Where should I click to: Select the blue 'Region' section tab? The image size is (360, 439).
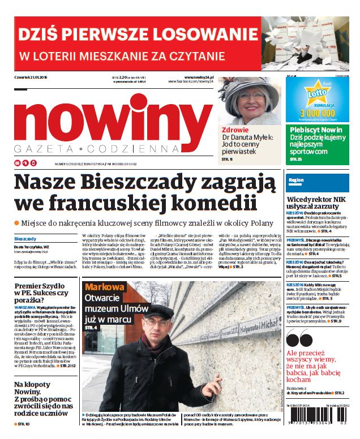[x=297, y=180]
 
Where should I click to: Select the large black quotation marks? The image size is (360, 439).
[x=298, y=339]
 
